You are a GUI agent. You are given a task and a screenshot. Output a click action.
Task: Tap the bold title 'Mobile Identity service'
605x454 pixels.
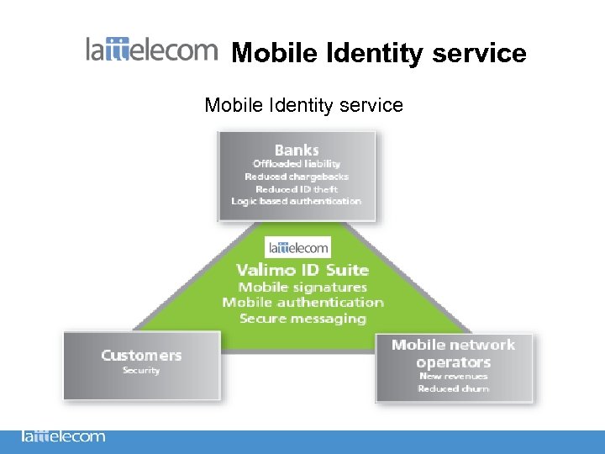pyautogui.click(x=378, y=53)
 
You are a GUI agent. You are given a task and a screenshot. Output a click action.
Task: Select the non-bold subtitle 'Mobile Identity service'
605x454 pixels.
pyautogui.click(x=303, y=105)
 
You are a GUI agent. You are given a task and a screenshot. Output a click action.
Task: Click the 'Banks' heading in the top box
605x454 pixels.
pyautogui.click(x=297, y=150)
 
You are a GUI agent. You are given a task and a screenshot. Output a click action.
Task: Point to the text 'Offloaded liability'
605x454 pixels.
pyautogui.click(x=297, y=164)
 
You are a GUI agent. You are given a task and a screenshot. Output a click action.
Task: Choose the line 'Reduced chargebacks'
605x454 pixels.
pyautogui.click(x=297, y=177)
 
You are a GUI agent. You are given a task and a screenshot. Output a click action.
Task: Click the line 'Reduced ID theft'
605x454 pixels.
pyautogui.click(x=297, y=189)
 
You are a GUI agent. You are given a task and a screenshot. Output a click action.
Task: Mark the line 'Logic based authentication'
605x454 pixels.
pyautogui.click(x=297, y=202)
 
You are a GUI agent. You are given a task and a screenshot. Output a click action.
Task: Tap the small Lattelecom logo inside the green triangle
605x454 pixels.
pyautogui.click(x=298, y=246)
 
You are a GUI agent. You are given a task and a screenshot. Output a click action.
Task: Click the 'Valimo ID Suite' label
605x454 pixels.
pyautogui.click(x=302, y=270)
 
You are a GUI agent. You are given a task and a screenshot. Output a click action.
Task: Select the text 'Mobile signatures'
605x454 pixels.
pyautogui.click(x=302, y=287)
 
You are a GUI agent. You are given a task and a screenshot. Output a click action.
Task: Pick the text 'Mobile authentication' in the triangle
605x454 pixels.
pyautogui.click(x=302, y=303)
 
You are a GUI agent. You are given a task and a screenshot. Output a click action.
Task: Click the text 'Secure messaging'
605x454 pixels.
pyautogui.click(x=302, y=319)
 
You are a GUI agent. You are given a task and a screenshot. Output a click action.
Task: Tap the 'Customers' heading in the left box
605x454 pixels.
pyautogui.click(x=141, y=355)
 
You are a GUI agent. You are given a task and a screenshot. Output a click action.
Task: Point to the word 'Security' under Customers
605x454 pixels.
pyautogui.click(x=141, y=371)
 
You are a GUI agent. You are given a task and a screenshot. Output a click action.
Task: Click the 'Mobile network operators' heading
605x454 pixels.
pyautogui.click(x=453, y=353)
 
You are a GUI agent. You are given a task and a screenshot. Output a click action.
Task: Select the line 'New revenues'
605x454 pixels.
pyautogui.click(x=453, y=376)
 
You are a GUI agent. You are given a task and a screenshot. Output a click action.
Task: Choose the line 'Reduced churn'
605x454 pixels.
pyautogui.click(x=453, y=388)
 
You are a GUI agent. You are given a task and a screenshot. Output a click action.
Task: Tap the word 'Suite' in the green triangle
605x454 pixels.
pyautogui.click(x=346, y=270)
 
